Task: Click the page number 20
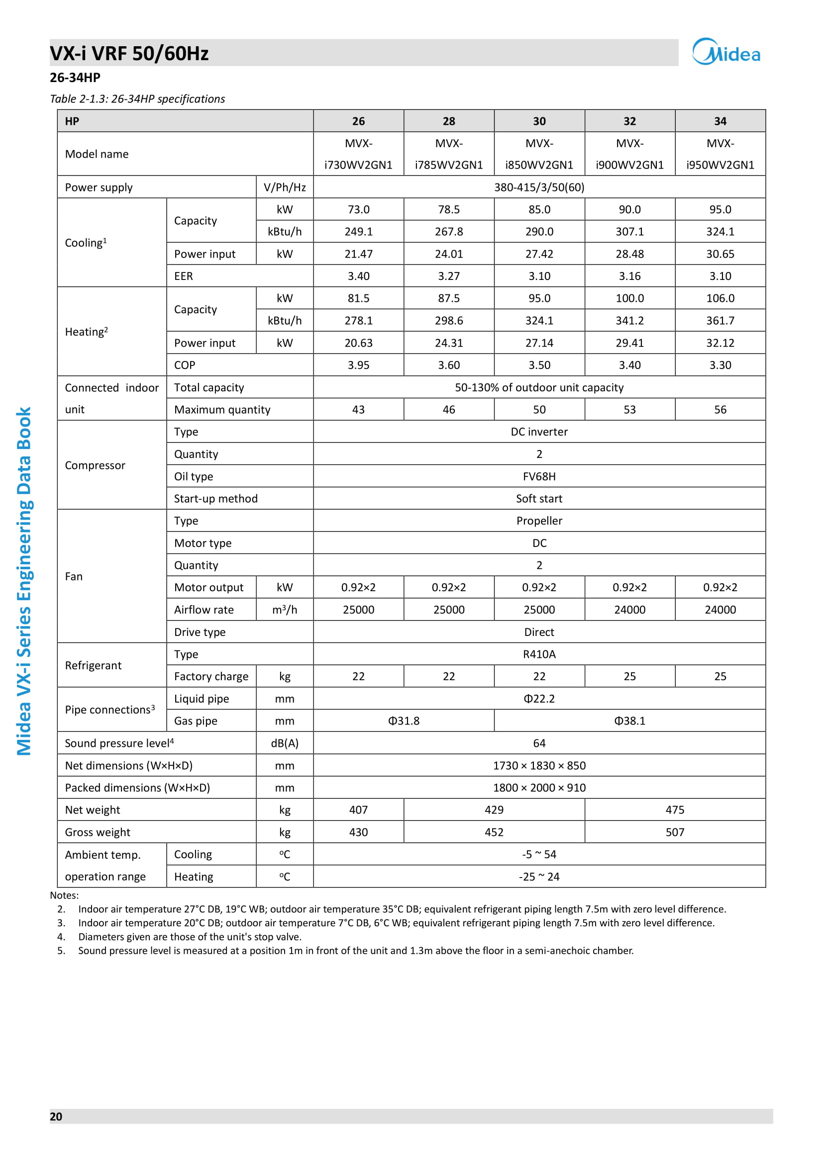pos(56,1116)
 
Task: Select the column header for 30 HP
pos(539,121)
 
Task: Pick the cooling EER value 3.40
pos(358,276)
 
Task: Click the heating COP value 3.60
pos(448,365)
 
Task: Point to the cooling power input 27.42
pos(539,254)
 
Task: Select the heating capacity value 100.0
pos(629,298)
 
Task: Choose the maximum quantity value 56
pos(720,409)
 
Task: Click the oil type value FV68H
pos(539,476)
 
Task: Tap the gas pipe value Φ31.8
pos(404,721)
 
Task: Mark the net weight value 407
pos(358,809)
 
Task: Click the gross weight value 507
pos(675,832)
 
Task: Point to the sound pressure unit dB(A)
pos(284,743)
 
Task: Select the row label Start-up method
pos(216,498)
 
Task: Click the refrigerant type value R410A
pos(539,654)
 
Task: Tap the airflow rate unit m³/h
pos(284,610)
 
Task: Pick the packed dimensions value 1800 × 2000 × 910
pos(539,788)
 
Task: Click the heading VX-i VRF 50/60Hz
pos(129,54)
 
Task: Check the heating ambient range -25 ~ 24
pos(539,876)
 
